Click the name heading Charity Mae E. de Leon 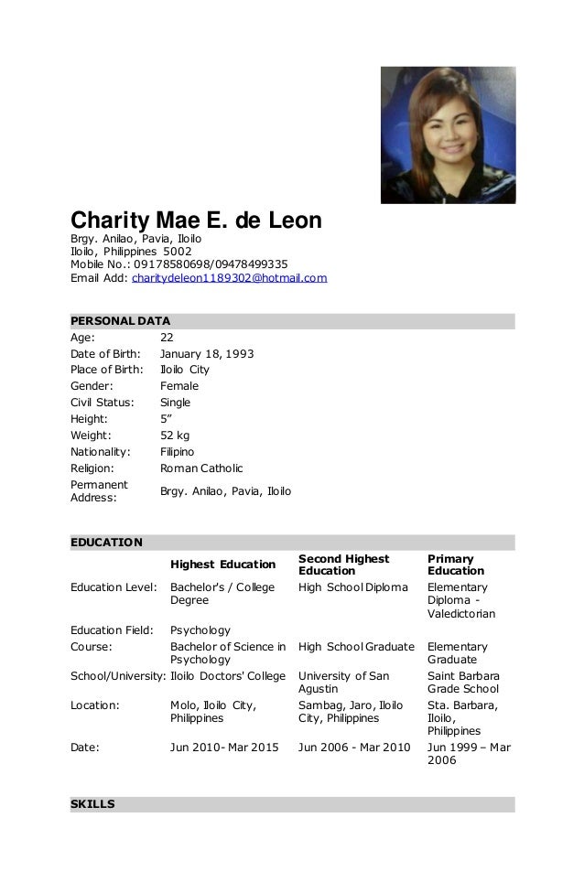click(197, 221)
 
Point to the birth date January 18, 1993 click(207, 353)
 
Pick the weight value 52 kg click(175, 436)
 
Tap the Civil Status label click(102, 403)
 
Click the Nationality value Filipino click(177, 452)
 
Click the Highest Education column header click(223, 565)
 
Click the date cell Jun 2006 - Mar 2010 click(354, 747)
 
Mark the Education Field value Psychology click(200, 629)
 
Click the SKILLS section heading click(92, 804)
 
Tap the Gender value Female click(179, 386)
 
